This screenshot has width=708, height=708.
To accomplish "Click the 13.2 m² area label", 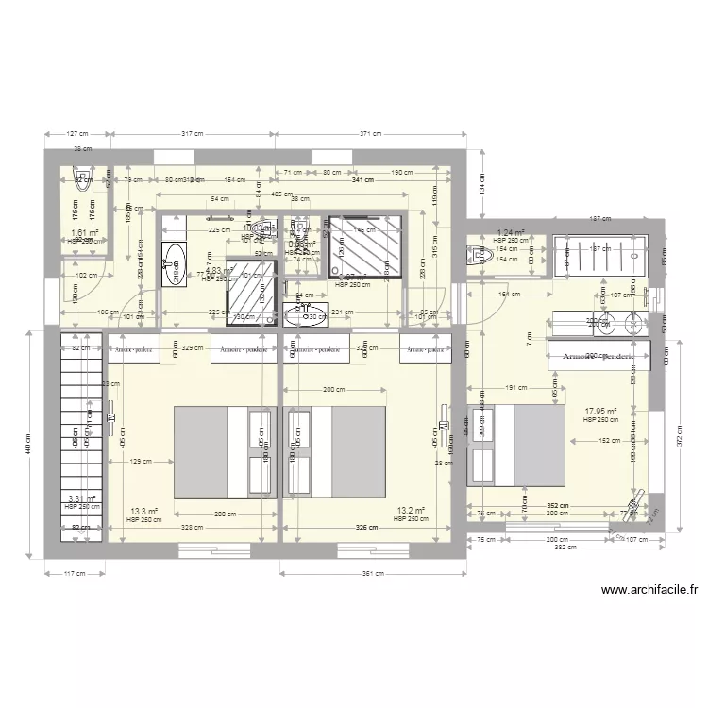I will click(411, 512).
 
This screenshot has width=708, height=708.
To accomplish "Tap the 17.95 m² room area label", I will click(600, 412).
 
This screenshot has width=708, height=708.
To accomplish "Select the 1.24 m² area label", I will click(511, 232).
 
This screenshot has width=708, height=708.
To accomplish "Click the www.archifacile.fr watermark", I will click(648, 591).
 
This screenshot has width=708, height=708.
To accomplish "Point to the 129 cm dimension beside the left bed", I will click(141, 462).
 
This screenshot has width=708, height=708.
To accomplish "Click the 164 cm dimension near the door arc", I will click(510, 295).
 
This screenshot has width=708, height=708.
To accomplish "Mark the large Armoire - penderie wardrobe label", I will click(598, 357).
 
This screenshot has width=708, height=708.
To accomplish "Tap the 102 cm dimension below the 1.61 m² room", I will click(87, 275).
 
